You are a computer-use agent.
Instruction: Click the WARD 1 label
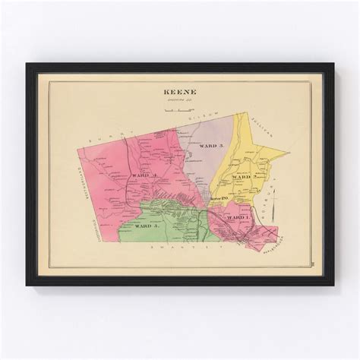click(237, 217)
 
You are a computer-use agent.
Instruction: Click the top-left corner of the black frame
click(27, 64)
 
